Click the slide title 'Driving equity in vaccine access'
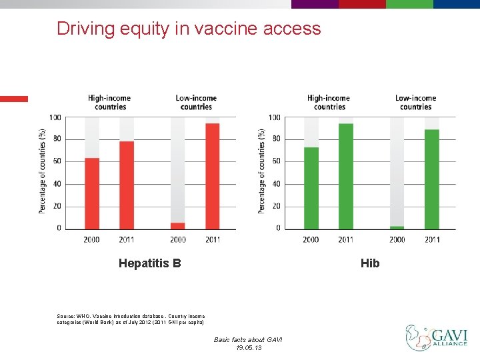[x=189, y=29]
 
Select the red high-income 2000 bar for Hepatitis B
[x=92, y=193]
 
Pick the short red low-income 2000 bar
[x=177, y=226]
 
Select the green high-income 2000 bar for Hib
[x=311, y=188]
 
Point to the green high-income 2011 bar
[x=345, y=176]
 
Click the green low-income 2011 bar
[x=431, y=179]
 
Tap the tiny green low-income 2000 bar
[x=397, y=227]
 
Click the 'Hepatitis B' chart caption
[x=149, y=263]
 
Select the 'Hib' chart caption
[x=369, y=263]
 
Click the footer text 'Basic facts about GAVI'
[x=248, y=340]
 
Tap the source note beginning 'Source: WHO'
[x=131, y=319]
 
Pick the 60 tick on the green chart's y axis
[x=275, y=161]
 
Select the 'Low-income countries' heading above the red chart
[x=196, y=102]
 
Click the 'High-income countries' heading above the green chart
[x=329, y=102]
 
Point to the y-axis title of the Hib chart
[x=261, y=171]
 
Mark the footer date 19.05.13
[x=248, y=348]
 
